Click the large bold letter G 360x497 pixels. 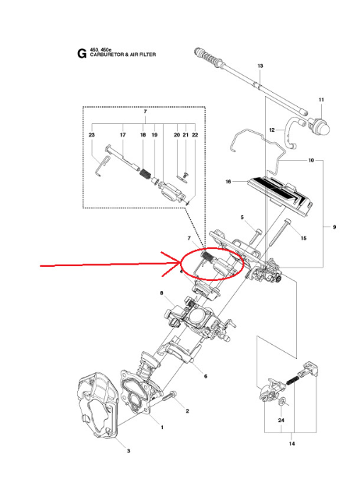coord(81,52)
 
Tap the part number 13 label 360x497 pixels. coord(260,66)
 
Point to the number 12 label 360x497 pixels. coord(271,130)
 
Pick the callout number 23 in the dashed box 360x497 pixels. coord(91,135)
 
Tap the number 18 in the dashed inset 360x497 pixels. coord(142,135)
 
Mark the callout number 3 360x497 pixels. coord(128,451)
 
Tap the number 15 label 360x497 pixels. coord(303,239)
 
